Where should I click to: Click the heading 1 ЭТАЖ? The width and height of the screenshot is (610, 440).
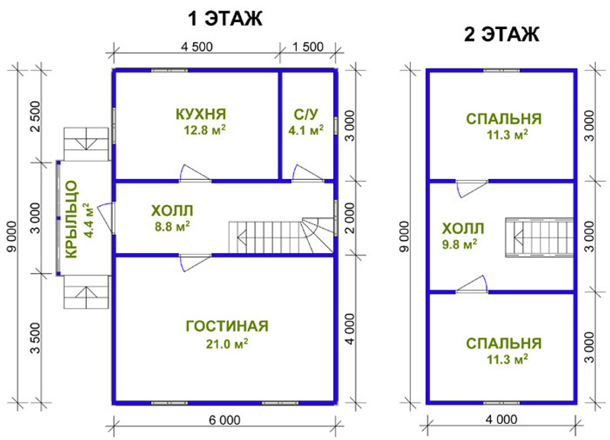tap(225, 18)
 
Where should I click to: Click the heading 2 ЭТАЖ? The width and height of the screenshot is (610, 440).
tap(502, 34)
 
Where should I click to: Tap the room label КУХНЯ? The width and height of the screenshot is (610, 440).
tap(201, 114)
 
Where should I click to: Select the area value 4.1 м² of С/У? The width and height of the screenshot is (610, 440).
tap(306, 130)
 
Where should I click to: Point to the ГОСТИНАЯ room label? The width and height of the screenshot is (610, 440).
tap(227, 326)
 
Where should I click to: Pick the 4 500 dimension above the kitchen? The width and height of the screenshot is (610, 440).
tap(197, 47)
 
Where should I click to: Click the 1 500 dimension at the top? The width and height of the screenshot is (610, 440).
tap(308, 47)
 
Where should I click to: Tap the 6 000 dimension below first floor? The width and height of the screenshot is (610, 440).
tap(224, 420)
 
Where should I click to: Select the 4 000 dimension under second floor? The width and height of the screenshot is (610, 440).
tap(502, 419)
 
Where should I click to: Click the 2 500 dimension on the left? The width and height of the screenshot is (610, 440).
tap(35, 117)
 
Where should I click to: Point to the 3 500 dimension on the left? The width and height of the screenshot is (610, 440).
tap(35, 338)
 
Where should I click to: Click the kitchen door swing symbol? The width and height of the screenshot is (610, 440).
tap(195, 173)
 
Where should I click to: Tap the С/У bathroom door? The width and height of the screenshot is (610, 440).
tap(308, 173)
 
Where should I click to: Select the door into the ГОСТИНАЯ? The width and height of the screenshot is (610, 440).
tap(195, 262)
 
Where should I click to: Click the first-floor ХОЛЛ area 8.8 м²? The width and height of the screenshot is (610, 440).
tap(172, 226)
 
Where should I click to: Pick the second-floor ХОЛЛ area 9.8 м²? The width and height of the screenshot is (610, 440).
tap(460, 244)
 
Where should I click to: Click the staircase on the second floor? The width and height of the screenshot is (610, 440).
tap(539, 237)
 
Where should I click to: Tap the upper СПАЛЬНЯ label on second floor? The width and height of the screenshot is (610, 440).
tap(504, 119)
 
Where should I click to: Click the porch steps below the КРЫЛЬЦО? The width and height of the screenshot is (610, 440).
tap(86, 292)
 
